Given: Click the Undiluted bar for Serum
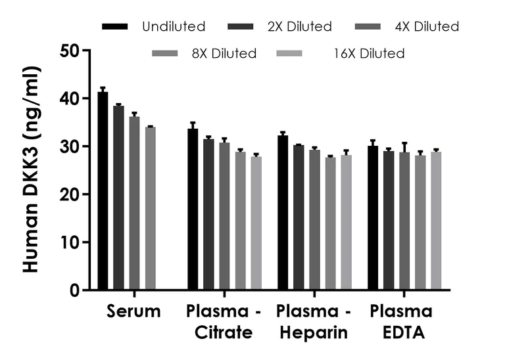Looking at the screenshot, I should point(103,191).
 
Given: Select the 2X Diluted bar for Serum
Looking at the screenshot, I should point(118,197).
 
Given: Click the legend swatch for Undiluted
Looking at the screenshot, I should point(115,27).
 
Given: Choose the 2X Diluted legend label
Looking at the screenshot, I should point(300,27).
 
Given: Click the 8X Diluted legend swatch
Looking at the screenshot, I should point(165,54).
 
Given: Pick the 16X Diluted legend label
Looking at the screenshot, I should point(369,54).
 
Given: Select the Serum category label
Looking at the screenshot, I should point(133,311).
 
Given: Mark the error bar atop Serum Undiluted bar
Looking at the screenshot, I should point(103,89).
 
